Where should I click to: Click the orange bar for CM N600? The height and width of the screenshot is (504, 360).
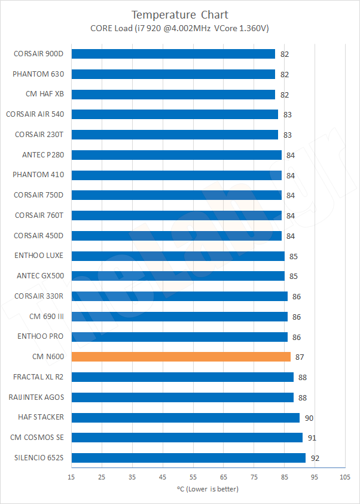tap(181, 357)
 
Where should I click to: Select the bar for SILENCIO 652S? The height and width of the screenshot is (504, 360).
tap(188, 458)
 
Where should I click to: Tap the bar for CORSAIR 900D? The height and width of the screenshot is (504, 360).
tap(173, 54)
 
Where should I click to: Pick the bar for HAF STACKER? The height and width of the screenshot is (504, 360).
tap(185, 417)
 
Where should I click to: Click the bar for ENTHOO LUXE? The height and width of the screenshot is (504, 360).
tap(178, 256)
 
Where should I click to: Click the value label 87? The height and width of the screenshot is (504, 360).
tap(300, 357)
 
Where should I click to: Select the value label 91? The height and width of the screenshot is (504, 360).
tap(312, 438)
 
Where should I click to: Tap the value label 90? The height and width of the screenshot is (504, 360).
tap(309, 418)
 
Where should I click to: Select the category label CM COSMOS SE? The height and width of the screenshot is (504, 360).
tap(37, 438)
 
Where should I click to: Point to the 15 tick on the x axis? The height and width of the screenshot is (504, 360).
tap(71, 477)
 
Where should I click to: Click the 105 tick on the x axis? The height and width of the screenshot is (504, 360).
tap(344, 477)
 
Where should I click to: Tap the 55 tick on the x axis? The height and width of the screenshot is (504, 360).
tap(193, 477)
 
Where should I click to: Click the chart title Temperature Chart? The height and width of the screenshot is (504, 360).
tap(179, 14)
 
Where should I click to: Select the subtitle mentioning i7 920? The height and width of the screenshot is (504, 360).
tap(179, 28)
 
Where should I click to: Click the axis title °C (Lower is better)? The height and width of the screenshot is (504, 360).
tap(208, 489)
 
